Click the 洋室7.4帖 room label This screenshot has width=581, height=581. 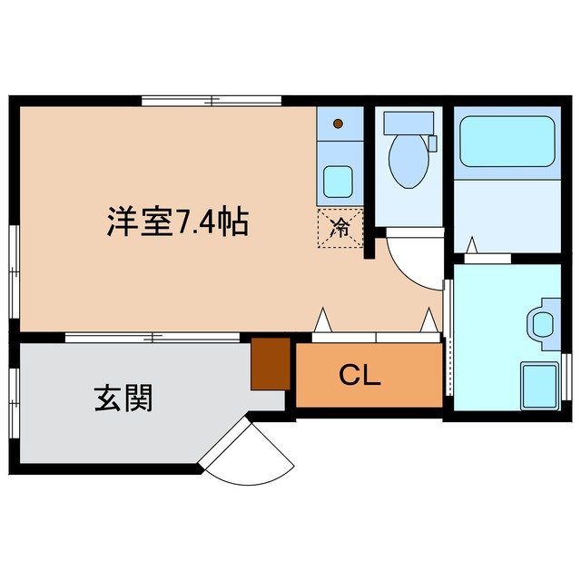177,222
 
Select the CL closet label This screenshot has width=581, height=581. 360,374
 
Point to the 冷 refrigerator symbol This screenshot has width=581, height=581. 340,227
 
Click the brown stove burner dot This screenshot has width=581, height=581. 338,123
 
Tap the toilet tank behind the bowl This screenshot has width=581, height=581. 408,123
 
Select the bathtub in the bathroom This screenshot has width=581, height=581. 506,141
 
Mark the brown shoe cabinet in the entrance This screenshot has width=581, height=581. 271,363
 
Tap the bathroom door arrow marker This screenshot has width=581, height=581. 471,244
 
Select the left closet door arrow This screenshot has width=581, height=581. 321,320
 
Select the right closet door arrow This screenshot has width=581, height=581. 428,320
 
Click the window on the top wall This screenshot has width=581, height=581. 212,101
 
